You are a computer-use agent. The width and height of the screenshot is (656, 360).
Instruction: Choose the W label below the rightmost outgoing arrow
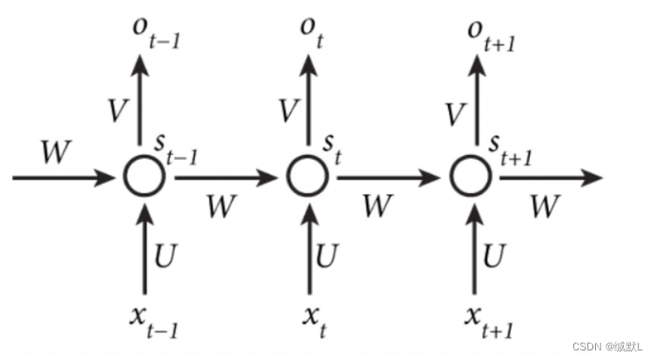pos(544,206)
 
